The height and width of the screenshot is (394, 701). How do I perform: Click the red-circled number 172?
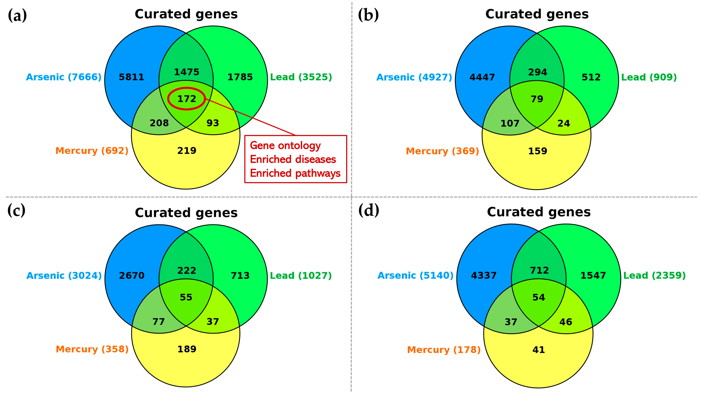click(x=187, y=99)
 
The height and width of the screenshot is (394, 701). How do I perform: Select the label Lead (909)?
click(x=649, y=77)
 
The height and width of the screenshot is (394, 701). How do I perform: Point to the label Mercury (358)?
click(x=92, y=349)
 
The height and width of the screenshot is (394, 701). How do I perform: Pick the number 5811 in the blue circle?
click(x=131, y=77)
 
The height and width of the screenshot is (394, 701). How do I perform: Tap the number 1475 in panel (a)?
click(x=187, y=72)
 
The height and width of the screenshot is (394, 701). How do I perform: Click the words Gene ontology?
click(x=285, y=146)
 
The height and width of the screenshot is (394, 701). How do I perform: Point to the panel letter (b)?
click(x=368, y=15)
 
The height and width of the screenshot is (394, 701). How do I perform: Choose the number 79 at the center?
click(x=537, y=99)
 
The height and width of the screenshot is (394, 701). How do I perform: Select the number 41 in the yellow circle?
click(x=538, y=350)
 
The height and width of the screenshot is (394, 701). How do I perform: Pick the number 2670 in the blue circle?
click(x=132, y=276)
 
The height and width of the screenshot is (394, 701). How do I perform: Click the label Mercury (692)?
click(x=92, y=151)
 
